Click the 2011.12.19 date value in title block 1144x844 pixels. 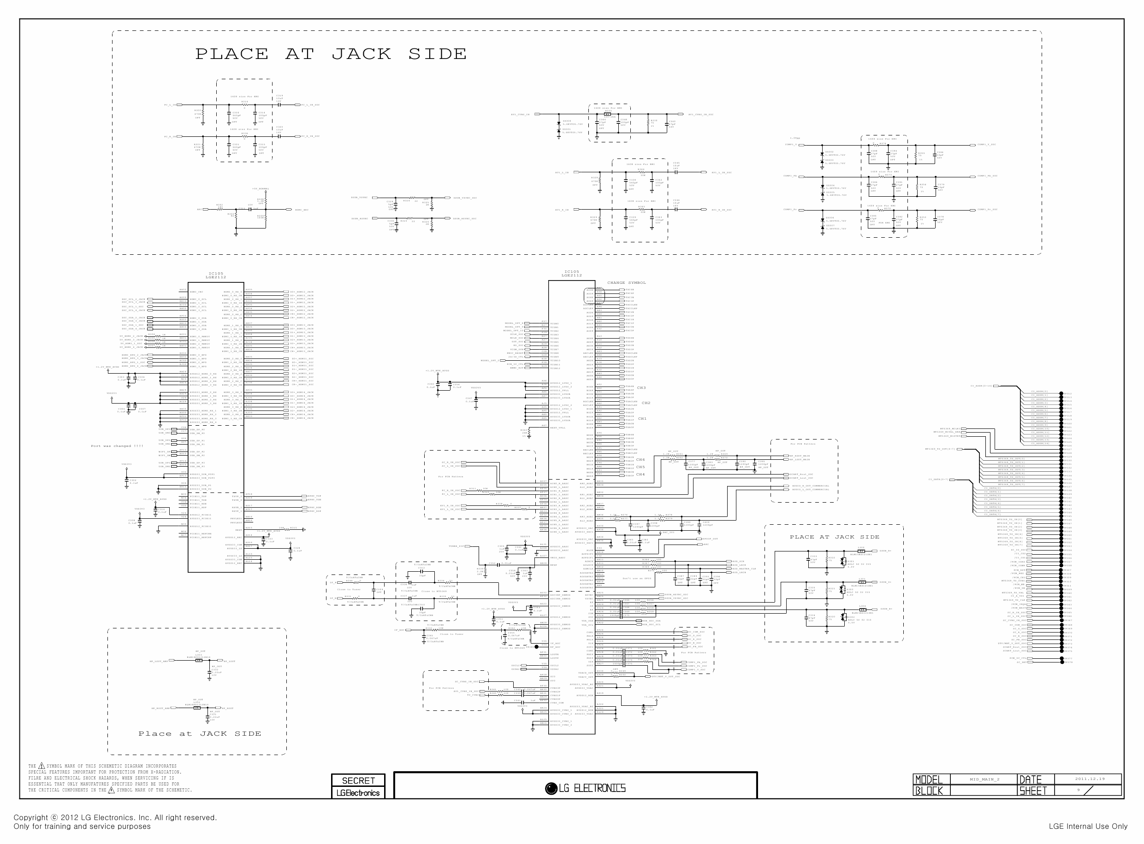click(1089, 779)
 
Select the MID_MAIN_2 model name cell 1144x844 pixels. click(984, 780)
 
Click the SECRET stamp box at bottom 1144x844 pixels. click(358, 780)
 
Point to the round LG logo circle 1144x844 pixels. click(551, 788)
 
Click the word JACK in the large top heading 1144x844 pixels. click(361, 53)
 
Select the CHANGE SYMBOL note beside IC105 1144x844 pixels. click(626, 282)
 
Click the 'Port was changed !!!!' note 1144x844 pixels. click(117, 446)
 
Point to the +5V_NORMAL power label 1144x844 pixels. click(261, 188)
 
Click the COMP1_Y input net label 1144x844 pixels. click(790, 145)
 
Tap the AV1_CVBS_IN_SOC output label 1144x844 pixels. click(700, 114)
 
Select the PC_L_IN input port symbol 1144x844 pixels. click(179, 105)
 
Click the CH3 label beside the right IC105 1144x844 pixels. click(641, 388)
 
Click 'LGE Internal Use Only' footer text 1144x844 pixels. click(1088, 826)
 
